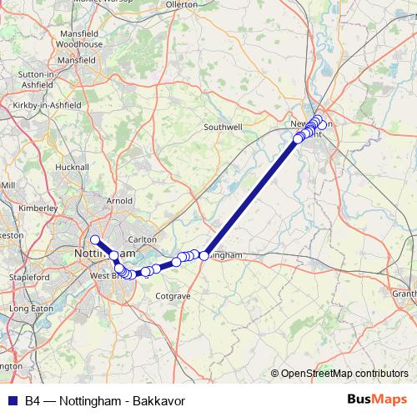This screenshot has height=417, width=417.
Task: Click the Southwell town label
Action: pyautogui.click(x=224, y=128)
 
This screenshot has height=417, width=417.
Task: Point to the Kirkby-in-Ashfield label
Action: pyautogui.click(x=44, y=105)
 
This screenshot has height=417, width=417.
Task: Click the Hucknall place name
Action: pyautogui.click(x=71, y=167)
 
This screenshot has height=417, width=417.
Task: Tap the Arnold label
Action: pyautogui.click(x=119, y=200)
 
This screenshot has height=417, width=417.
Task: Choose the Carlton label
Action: pyautogui.click(x=143, y=239)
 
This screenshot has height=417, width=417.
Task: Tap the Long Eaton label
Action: pyautogui.click(x=31, y=309)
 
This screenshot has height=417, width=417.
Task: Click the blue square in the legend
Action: pyautogui.click(x=13, y=400)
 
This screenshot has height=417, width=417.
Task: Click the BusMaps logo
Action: pyautogui.click(x=377, y=400)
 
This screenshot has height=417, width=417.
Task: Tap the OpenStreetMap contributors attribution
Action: pyautogui.click(x=344, y=374)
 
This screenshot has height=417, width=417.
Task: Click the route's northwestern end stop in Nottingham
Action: pyautogui.click(x=95, y=239)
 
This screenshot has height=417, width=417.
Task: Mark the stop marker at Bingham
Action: pyautogui.click(x=203, y=255)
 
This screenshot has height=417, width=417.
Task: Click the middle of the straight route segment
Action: pyautogui.click(x=250, y=198)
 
